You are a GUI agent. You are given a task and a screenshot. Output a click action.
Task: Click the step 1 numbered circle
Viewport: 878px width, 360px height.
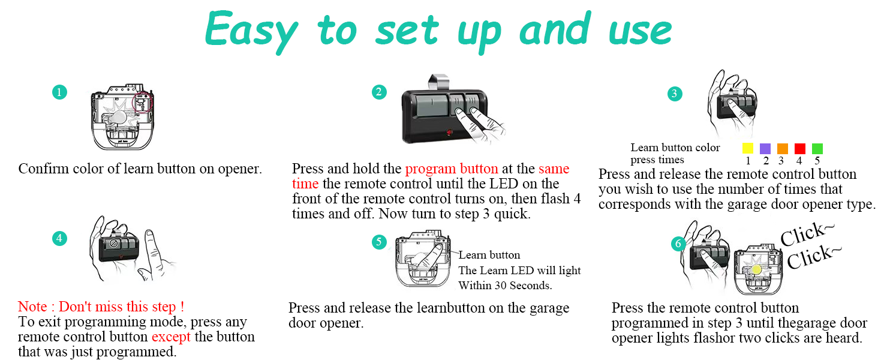[x=59, y=92]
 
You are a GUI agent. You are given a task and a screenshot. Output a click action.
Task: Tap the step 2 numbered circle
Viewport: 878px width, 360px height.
[x=378, y=92]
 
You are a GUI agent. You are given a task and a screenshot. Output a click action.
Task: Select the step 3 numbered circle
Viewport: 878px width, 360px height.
[x=675, y=93]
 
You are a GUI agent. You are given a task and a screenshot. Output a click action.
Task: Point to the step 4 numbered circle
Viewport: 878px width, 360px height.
[x=59, y=238]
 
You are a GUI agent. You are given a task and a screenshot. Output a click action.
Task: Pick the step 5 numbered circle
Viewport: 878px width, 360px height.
[x=378, y=242]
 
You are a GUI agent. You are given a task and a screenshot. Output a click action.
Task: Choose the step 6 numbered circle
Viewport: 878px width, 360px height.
[x=678, y=243]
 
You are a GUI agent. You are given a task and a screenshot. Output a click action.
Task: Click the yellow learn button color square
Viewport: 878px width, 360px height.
[x=747, y=148]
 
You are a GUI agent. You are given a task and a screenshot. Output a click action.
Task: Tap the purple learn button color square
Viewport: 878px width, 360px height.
[x=765, y=148]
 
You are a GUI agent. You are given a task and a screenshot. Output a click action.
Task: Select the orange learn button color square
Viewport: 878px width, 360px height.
[x=782, y=148]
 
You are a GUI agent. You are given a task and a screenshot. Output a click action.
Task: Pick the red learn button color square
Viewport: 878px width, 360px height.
[x=799, y=148]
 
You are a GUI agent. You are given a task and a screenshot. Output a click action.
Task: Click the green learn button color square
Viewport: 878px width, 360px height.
[x=817, y=148]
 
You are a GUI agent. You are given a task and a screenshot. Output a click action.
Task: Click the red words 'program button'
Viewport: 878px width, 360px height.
[x=451, y=169]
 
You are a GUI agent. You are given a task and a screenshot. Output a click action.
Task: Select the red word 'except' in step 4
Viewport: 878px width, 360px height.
[x=171, y=337]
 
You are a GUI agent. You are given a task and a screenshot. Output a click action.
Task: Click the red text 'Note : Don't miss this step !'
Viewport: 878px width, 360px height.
[x=101, y=307]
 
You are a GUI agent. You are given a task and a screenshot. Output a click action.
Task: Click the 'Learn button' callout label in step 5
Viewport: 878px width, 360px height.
[x=489, y=255]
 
